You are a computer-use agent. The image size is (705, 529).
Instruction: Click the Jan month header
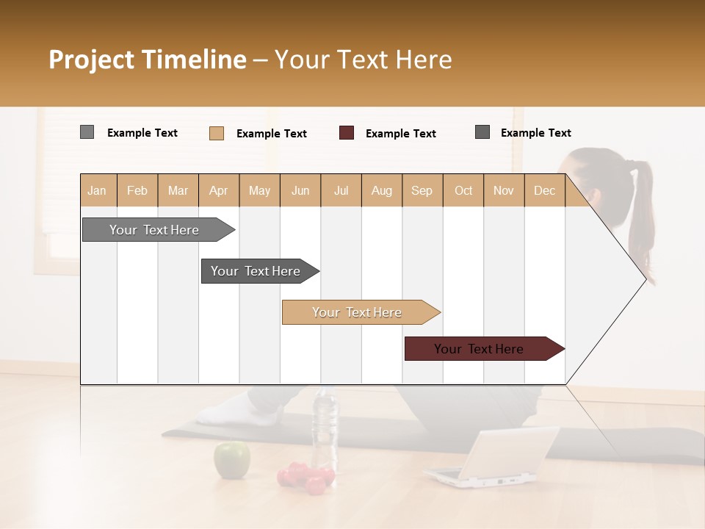[x=98, y=190]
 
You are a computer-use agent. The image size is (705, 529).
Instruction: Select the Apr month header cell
[x=219, y=190]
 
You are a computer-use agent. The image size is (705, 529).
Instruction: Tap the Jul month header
[x=341, y=190]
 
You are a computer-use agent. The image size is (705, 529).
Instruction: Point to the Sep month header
[x=422, y=190]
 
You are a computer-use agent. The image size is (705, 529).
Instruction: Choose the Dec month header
[x=544, y=190]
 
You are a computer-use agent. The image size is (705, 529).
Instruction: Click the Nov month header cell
[x=503, y=190]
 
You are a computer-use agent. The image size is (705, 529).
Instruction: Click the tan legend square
[x=217, y=133]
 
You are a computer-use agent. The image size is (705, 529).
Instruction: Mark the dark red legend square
[x=347, y=132]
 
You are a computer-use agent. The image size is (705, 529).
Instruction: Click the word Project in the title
[x=92, y=60]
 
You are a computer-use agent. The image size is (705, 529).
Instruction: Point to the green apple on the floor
[x=231, y=460]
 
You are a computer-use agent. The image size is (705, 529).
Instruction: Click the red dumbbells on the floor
[x=305, y=478]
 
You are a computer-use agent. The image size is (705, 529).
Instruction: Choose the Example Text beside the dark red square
[x=400, y=133]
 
